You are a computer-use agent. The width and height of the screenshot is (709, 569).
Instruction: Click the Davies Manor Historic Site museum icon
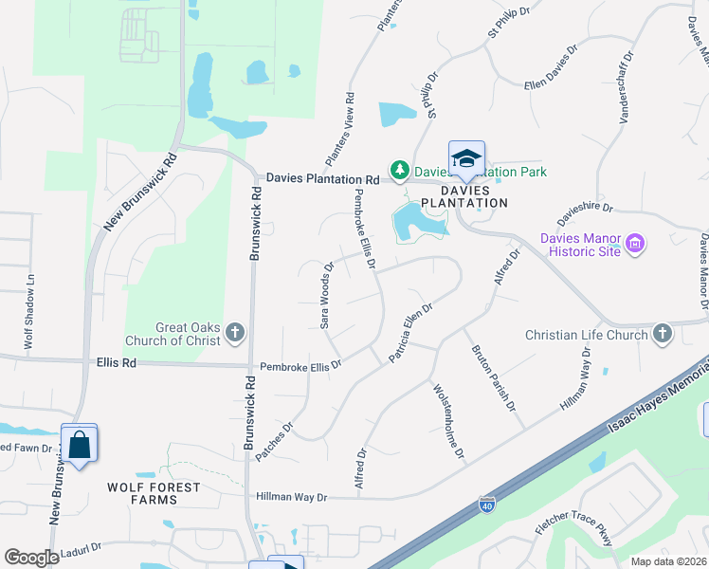635,246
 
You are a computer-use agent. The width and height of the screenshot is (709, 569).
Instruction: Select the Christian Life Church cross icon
662,333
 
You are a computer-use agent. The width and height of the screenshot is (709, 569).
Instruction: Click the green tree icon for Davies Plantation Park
400,171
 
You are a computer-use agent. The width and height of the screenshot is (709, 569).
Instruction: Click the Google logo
31,558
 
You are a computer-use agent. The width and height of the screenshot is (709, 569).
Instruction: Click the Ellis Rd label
116,362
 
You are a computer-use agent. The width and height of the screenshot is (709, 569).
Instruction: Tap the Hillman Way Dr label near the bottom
291,497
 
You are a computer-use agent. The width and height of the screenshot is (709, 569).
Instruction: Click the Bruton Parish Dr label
494,376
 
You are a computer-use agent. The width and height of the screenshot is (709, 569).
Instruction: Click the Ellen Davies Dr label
551,70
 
